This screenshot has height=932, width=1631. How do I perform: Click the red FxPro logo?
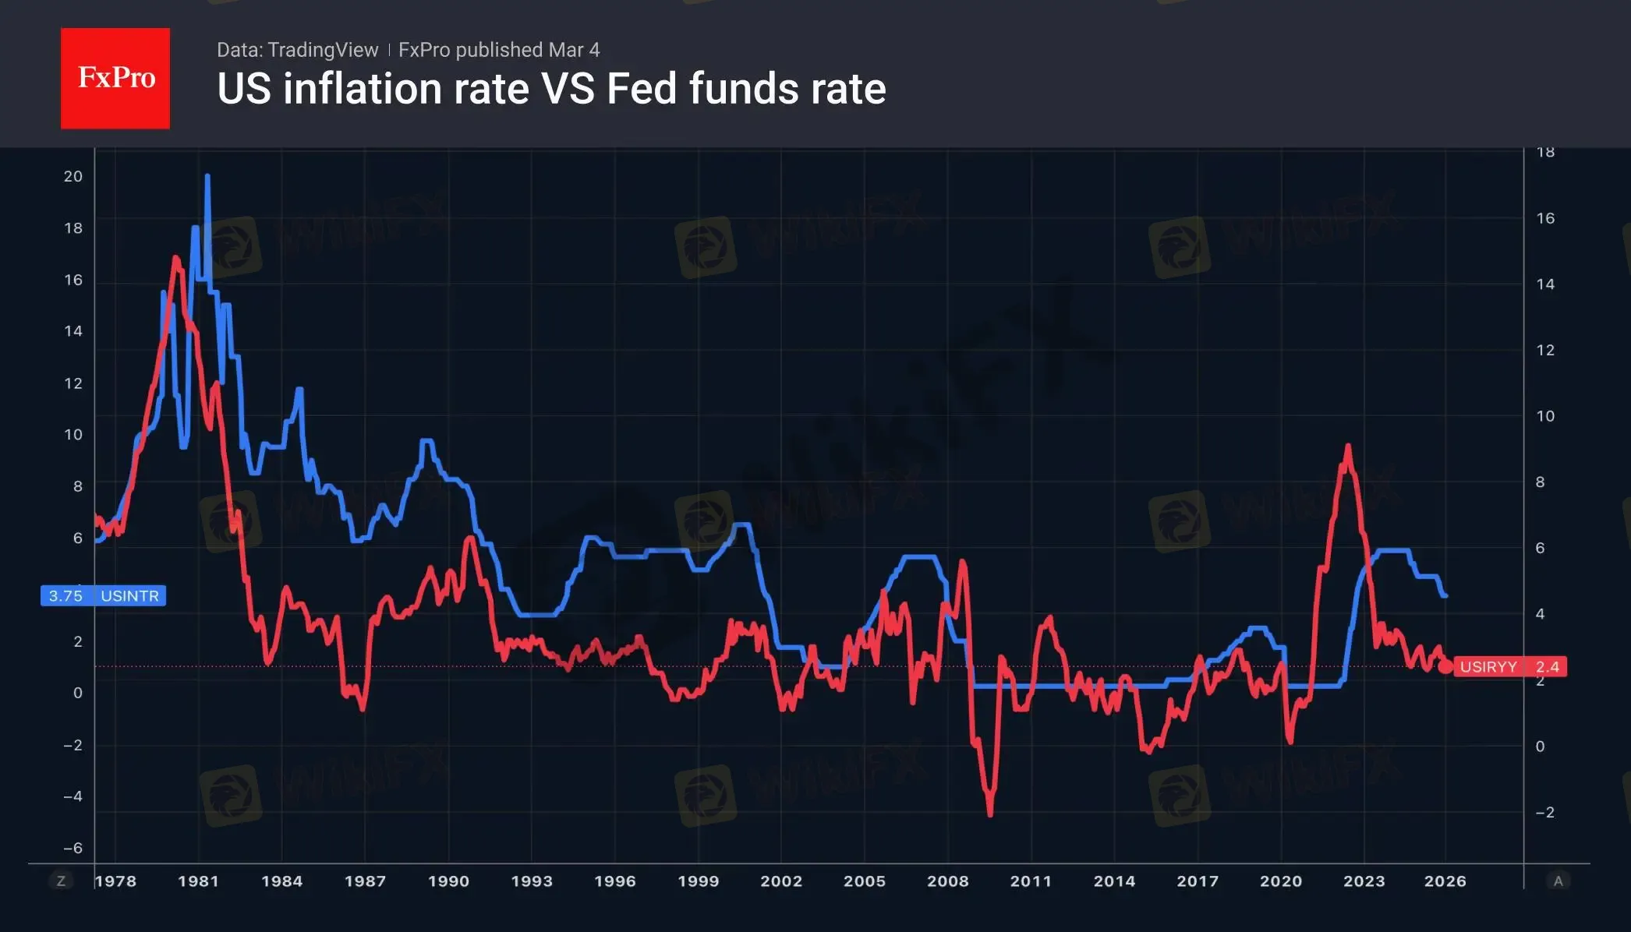pyautogui.click(x=115, y=78)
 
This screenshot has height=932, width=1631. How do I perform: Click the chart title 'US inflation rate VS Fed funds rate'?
pyautogui.click(x=551, y=89)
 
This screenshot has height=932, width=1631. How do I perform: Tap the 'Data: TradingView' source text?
pyautogui.click(x=297, y=50)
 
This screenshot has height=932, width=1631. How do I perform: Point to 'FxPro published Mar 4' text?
pyautogui.click(x=499, y=50)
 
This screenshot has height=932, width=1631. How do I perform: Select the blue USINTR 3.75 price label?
pyautogui.click(x=103, y=596)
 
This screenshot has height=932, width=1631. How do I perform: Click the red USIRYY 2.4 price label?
pyautogui.click(x=1509, y=667)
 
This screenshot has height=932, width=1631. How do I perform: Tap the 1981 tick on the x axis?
pyautogui.click(x=198, y=881)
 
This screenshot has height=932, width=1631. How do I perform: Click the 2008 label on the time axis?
pyautogui.click(x=947, y=881)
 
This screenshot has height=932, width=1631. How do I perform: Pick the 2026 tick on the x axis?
pyautogui.click(x=1445, y=881)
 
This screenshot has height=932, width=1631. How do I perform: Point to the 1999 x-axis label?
pyautogui.click(x=698, y=881)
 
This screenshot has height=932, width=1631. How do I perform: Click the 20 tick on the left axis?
pyautogui.click(x=73, y=177)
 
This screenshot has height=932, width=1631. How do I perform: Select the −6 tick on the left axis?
pyautogui.click(x=73, y=848)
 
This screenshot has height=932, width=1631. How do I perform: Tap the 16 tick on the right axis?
pyautogui.click(x=1545, y=218)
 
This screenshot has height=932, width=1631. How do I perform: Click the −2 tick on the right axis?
pyautogui.click(x=1544, y=813)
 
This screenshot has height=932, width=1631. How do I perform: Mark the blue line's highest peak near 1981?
pyautogui.click(x=207, y=177)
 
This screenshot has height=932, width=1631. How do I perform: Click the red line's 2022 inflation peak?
pyautogui.click(x=1348, y=447)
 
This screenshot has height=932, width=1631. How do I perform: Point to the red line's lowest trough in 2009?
pyautogui.click(x=990, y=814)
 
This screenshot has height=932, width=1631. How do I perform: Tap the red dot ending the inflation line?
pyautogui.click(x=1445, y=667)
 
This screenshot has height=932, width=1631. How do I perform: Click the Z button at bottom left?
pyautogui.click(x=61, y=881)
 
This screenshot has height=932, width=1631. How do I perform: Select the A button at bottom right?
pyautogui.click(x=1558, y=881)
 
